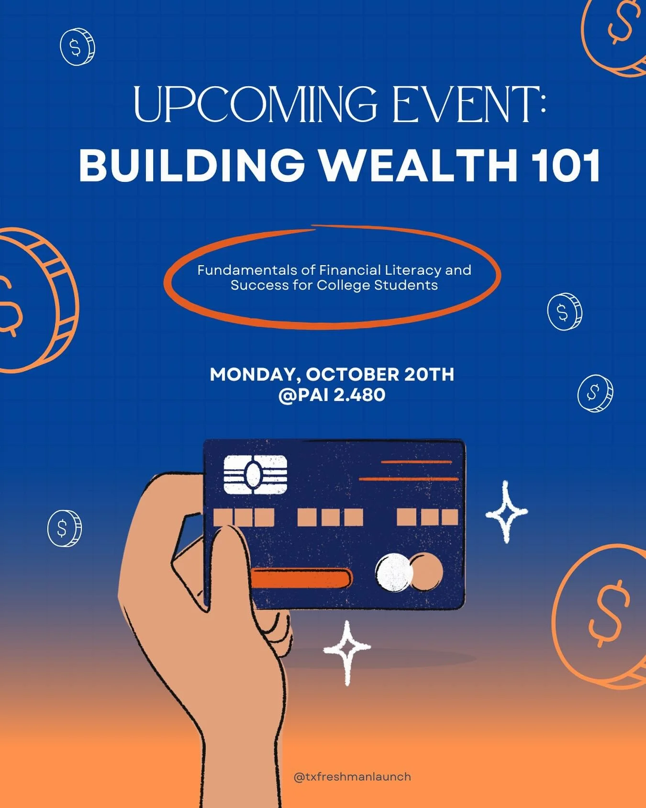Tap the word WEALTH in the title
tap(418, 165)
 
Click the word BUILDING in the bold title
tap(191, 165)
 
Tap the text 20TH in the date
tap(429, 374)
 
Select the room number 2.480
tap(359, 395)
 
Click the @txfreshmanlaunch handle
tap(352, 776)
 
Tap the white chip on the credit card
tap(256, 474)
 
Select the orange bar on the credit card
tap(301, 578)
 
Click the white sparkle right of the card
tap(506, 512)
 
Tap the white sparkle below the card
tap(347, 650)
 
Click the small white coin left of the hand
tap(64, 528)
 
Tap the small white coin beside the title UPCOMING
tap(77, 47)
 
